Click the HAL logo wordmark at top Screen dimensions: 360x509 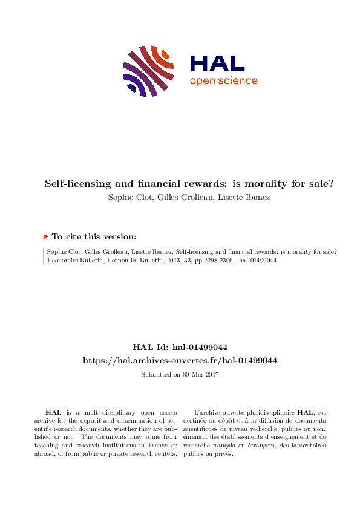(217, 63)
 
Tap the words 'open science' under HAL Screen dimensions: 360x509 (223, 81)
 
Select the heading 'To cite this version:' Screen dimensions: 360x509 (93, 237)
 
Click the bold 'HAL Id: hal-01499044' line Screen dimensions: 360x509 (180, 347)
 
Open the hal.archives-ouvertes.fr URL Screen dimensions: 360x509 (180, 360)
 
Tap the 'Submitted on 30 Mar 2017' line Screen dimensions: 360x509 (180, 375)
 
